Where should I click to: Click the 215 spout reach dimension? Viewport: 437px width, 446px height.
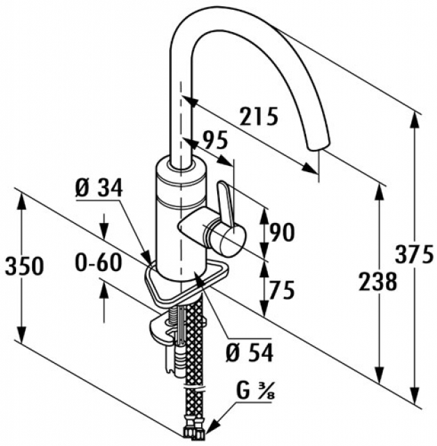point(260,116)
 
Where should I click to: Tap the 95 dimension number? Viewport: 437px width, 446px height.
point(214,141)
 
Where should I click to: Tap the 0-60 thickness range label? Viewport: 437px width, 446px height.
point(99,263)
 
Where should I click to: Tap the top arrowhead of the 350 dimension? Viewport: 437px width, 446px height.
point(21,199)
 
